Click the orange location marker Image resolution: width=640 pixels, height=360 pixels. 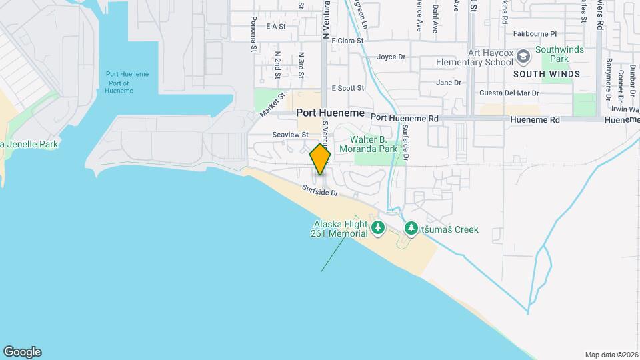tap(320, 159)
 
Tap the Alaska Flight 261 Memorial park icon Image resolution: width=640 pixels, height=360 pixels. tap(378, 229)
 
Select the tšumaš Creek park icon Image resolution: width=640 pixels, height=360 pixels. tap(411, 229)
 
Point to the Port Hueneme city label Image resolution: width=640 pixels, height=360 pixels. tap(331, 113)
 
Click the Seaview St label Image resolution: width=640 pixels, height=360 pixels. tap(291, 134)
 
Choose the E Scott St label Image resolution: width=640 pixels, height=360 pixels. tap(348, 88)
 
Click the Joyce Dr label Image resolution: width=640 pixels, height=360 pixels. tap(391, 57)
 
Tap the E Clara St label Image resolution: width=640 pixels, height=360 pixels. tap(347, 40)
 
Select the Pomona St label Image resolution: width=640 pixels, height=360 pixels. tap(254, 39)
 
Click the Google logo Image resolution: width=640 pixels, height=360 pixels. tap(22, 352)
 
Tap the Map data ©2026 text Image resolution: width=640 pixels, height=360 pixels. tap(611, 355)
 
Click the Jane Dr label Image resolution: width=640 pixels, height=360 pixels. tap(449, 83)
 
